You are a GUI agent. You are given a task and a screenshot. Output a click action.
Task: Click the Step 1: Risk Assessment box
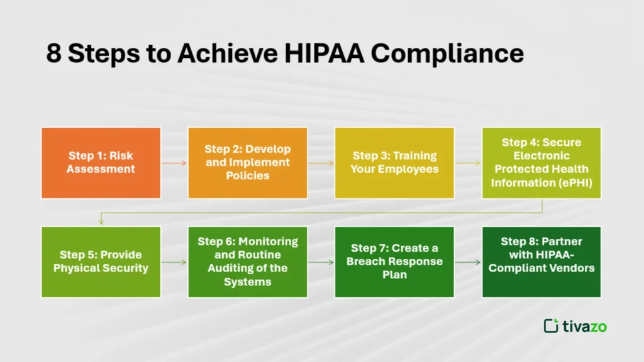click(101, 163)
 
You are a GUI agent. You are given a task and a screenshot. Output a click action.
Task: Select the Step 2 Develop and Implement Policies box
click(248, 163)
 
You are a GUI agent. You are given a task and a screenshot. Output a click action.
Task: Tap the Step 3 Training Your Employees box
click(394, 163)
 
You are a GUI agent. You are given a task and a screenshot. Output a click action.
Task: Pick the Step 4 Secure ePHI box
click(541, 163)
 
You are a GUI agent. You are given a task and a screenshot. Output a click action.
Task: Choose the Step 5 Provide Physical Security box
click(101, 261)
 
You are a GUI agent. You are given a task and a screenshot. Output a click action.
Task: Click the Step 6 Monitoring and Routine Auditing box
click(248, 261)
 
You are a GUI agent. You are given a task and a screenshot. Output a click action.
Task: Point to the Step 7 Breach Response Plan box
click(394, 261)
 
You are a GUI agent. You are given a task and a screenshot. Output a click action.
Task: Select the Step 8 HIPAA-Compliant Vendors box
click(541, 261)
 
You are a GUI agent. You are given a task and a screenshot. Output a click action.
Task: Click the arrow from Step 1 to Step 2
click(174, 163)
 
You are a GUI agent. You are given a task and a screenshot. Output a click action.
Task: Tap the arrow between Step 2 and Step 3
click(321, 163)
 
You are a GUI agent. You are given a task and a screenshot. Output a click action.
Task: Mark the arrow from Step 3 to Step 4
click(468, 163)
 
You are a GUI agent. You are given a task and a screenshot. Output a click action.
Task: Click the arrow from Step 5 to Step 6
click(174, 262)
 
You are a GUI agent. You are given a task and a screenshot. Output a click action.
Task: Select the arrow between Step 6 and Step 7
click(321, 262)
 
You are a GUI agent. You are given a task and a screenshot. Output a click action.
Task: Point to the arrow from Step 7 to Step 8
click(468, 262)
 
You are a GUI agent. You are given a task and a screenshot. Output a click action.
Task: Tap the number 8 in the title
click(53, 54)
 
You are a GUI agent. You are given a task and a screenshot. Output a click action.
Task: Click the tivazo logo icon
click(551, 326)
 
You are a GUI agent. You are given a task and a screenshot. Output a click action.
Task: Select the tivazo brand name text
click(586, 326)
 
